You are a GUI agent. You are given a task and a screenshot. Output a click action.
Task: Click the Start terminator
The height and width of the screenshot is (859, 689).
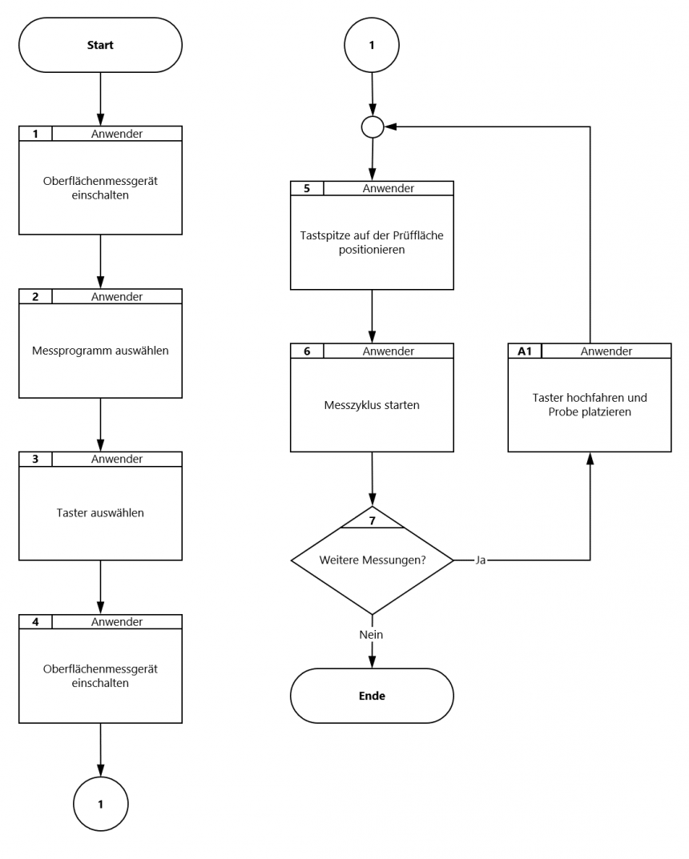click(x=100, y=45)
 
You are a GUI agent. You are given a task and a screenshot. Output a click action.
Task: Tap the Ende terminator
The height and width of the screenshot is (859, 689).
click(x=372, y=696)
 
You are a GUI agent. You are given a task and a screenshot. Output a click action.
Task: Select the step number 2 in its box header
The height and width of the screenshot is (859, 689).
click(x=35, y=297)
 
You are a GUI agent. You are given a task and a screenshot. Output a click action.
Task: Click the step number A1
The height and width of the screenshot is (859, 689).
click(x=525, y=351)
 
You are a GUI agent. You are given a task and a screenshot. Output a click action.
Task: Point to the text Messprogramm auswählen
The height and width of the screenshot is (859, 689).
click(x=100, y=351)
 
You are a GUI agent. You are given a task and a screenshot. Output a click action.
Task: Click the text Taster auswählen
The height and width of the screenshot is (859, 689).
click(x=100, y=513)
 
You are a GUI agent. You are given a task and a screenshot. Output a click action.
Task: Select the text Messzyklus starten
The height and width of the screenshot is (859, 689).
click(x=372, y=405)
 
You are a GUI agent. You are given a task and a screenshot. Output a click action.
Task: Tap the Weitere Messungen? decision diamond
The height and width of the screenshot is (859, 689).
click(x=373, y=560)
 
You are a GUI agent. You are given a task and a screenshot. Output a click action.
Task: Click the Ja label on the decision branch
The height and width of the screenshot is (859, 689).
click(x=480, y=560)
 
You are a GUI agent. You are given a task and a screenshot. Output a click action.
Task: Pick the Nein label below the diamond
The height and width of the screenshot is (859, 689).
click(x=371, y=634)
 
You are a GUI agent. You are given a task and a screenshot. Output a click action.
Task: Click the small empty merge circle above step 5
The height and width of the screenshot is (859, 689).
click(x=373, y=127)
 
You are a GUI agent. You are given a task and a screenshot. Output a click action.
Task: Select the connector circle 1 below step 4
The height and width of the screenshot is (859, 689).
click(x=100, y=805)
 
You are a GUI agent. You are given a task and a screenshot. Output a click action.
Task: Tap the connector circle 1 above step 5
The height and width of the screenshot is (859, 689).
click(x=372, y=45)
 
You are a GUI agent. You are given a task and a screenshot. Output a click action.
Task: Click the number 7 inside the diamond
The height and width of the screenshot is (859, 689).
click(x=373, y=521)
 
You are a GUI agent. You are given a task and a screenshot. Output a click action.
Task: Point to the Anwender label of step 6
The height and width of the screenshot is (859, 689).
click(x=388, y=351)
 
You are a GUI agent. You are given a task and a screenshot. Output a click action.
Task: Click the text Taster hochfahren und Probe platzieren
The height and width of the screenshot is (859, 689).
click(x=590, y=405)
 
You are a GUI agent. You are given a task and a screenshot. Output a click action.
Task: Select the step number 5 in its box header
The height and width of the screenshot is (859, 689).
click(x=307, y=188)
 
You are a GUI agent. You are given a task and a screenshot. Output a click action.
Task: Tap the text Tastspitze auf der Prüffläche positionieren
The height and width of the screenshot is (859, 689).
click(x=372, y=243)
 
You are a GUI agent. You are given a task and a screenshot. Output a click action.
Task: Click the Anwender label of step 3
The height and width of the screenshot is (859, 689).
click(x=117, y=459)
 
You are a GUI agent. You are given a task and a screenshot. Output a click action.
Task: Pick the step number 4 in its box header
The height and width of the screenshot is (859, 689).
click(x=35, y=622)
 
